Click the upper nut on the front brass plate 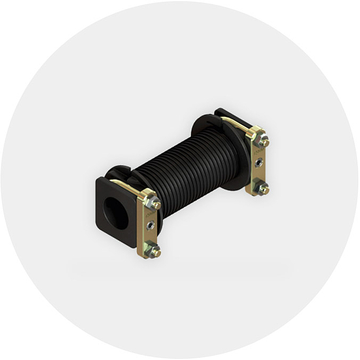point(154,203)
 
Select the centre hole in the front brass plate point(151,225)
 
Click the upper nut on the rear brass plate point(263,140)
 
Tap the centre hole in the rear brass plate point(259,163)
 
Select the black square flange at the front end point(104,191)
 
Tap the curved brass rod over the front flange point(126,186)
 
